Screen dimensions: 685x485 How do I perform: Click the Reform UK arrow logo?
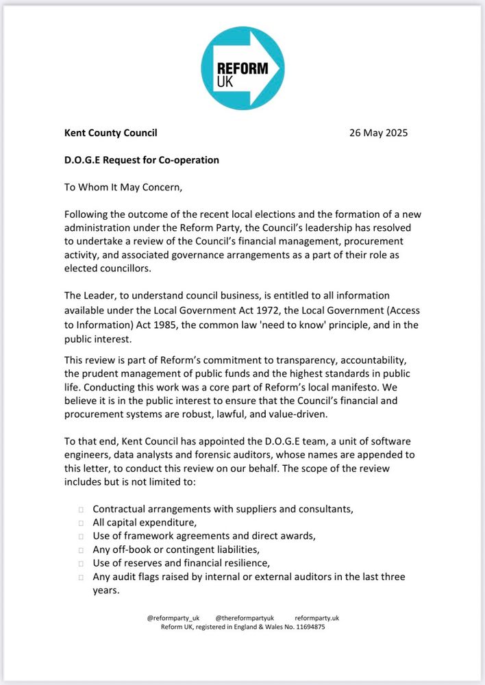[242, 66]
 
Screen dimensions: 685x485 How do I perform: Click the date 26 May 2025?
[379, 133]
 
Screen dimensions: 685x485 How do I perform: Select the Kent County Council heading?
[110, 133]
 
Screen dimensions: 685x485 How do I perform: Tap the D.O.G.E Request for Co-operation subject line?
[141, 160]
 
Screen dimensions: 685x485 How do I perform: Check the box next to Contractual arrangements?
[81, 510]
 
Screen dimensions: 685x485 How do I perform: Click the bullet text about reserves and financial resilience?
[182, 563]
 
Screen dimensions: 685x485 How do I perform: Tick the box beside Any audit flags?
[81, 577]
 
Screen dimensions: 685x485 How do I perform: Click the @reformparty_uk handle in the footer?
[171, 618]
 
